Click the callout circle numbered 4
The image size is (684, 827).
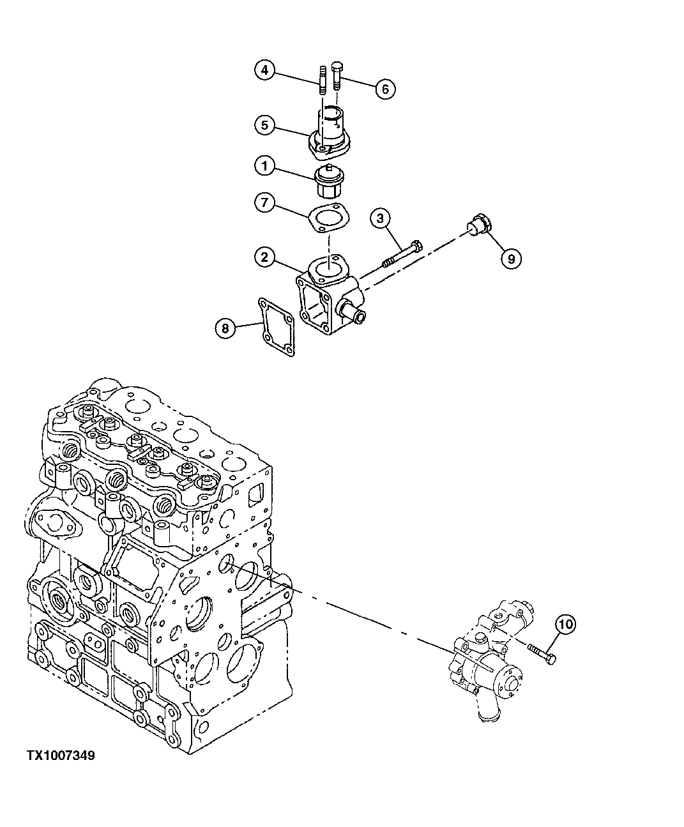[x=264, y=70]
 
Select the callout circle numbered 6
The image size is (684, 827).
[x=385, y=89]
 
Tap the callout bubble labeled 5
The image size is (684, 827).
[x=264, y=125]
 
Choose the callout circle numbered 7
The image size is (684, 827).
[x=264, y=203]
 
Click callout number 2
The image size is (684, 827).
[x=264, y=257]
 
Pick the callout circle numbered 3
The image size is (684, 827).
[x=381, y=219]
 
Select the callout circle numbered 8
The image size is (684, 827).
[x=224, y=328]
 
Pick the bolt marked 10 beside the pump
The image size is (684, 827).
[x=542, y=653]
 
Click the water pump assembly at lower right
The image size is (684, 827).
[x=489, y=664]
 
